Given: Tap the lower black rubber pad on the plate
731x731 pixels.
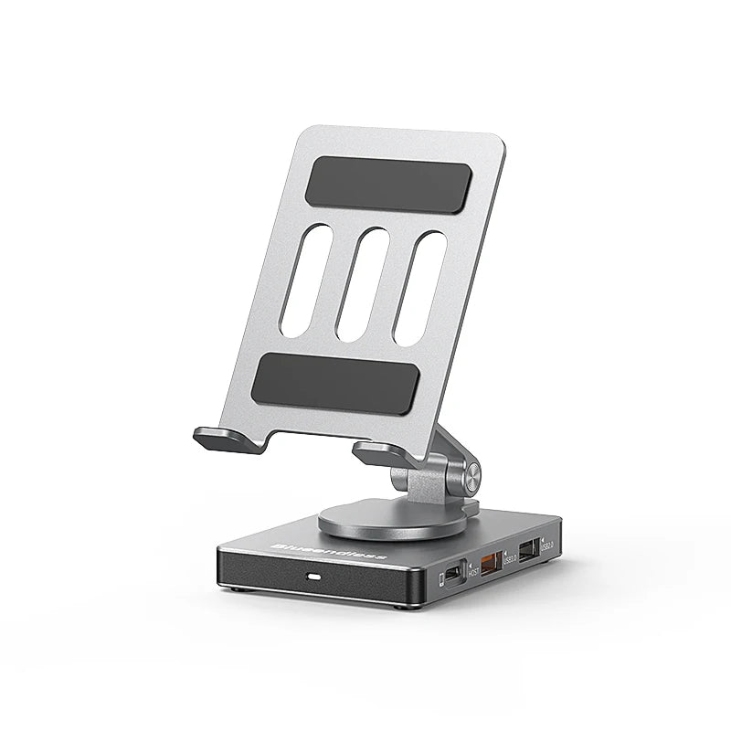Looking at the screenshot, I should pyautogui.click(x=334, y=383).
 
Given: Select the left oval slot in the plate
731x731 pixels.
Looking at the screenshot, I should pyautogui.click(x=305, y=281).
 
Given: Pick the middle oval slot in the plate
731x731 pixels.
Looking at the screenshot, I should pyautogui.click(x=362, y=284).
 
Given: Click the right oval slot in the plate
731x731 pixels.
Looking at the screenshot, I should pyautogui.click(x=419, y=289).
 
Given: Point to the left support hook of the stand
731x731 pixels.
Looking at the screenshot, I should pyautogui.click(x=228, y=440).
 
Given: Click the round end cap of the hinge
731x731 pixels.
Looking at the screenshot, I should pyautogui.click(x=472, y=473).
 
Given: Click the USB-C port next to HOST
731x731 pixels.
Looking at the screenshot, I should pyautogui.click(x=452, y=577).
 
